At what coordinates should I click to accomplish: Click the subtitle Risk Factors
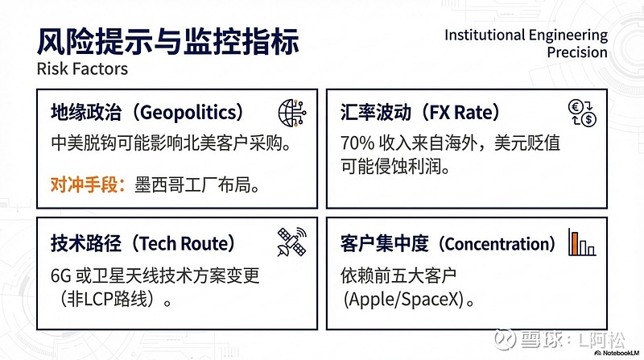(x=81, y=69)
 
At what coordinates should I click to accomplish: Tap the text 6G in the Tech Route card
(x=61, y=275)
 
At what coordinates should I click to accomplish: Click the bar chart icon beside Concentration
(x=581, y=242)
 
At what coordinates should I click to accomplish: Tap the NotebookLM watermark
(x=614, y=353)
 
